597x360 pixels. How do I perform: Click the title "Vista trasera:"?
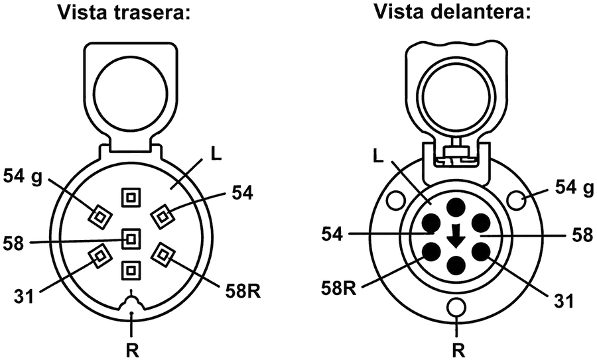pos(123,12)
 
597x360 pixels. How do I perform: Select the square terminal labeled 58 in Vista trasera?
pos(131,239)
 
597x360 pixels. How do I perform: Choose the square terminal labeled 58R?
pos(163,254)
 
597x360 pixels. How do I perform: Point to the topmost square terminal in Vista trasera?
pos(131,198)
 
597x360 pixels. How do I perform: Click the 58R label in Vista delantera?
pos(338,289)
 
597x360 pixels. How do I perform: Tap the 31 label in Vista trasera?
pos(24,296)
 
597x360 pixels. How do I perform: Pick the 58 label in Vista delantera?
pos(582,235)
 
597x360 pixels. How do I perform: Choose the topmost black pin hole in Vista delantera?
pos(456,208)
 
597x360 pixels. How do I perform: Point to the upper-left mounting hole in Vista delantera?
pos(395,200)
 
